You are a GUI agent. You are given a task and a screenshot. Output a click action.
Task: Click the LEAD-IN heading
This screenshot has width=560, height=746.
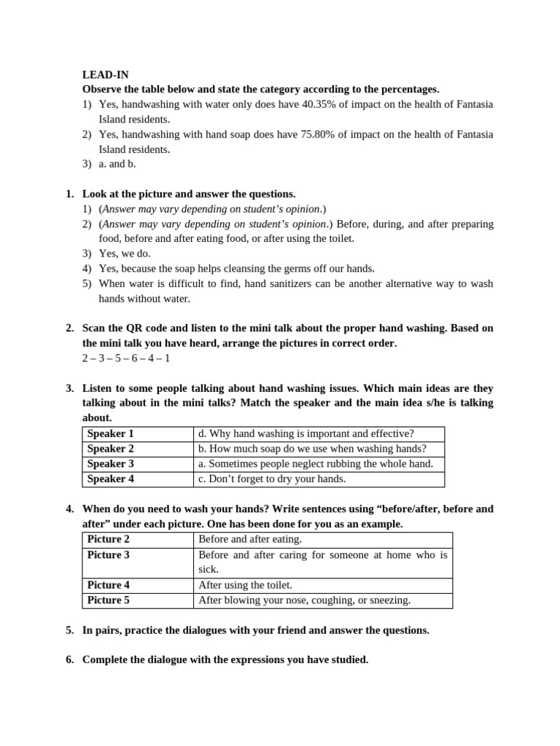tap(105, 74)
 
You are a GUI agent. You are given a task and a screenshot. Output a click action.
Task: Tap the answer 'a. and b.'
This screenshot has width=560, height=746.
tap(117, 164)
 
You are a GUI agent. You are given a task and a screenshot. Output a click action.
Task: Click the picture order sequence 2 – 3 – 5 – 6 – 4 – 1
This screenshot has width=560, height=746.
tap(126, 358)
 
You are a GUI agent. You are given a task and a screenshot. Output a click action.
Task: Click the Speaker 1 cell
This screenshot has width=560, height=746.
tap(111, 433)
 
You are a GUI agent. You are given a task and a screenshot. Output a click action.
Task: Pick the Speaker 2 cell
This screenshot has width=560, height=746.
tap(111, 449)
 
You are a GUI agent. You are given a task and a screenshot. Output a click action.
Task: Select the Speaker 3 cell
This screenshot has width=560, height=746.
tap(111, 463)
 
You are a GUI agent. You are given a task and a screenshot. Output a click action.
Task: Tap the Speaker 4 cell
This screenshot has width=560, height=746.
tap(111, 479)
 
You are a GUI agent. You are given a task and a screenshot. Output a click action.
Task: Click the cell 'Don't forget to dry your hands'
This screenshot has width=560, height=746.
tap(271, 479)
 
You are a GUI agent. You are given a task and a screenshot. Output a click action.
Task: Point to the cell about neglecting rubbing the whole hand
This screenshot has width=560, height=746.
tap(315, 463)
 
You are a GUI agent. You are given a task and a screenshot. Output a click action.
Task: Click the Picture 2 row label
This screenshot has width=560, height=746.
tap(109, 539)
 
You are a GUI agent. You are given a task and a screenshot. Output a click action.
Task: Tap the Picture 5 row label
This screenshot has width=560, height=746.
tap(109, 600)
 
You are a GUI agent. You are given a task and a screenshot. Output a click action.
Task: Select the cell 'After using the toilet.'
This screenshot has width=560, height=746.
tap(245, 585)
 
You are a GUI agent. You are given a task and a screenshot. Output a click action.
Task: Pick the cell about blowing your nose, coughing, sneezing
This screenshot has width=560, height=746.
tap(304, 600)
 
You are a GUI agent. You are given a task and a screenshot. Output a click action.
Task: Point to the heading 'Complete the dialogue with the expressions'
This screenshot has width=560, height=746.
tap(225, 660)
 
